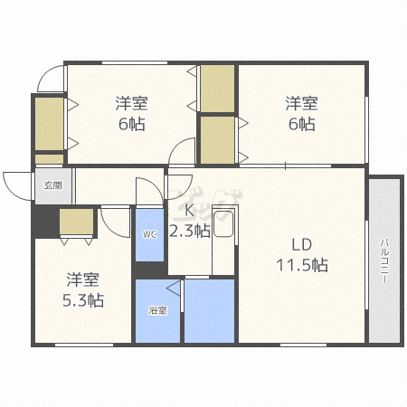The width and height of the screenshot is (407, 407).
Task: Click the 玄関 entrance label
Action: [x=53, y=185]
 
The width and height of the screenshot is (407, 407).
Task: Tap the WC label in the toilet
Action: [x=149, y=234]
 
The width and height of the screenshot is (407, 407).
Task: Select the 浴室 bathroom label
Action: [x=157, y=310]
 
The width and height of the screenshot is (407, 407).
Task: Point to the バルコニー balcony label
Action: [x=383, y=260]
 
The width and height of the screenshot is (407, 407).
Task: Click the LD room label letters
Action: [x=301, y=245]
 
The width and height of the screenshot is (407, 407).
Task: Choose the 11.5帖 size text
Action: [x=302, y=265]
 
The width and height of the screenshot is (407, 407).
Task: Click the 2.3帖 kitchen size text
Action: [x=190, y=231]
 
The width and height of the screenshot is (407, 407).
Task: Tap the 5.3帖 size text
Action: [x=83, y=300]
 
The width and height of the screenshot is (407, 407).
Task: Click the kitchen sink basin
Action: [x=223, y=223]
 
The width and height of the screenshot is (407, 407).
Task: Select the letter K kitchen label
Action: [x=189, y=211]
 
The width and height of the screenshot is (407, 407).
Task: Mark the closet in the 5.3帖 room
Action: [x=76, y=222]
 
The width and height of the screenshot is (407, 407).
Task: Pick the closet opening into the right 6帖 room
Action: [x=218, y=140]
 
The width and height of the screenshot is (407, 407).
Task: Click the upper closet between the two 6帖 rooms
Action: [x=218, y=89]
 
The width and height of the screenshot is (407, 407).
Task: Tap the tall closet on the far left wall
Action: [x=49, y=124]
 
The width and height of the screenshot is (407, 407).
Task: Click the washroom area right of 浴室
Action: [x=210, y=311]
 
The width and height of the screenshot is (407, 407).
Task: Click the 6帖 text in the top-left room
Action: [x=132, y=124]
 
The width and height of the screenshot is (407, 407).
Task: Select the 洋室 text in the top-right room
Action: [x=302, y=103]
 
